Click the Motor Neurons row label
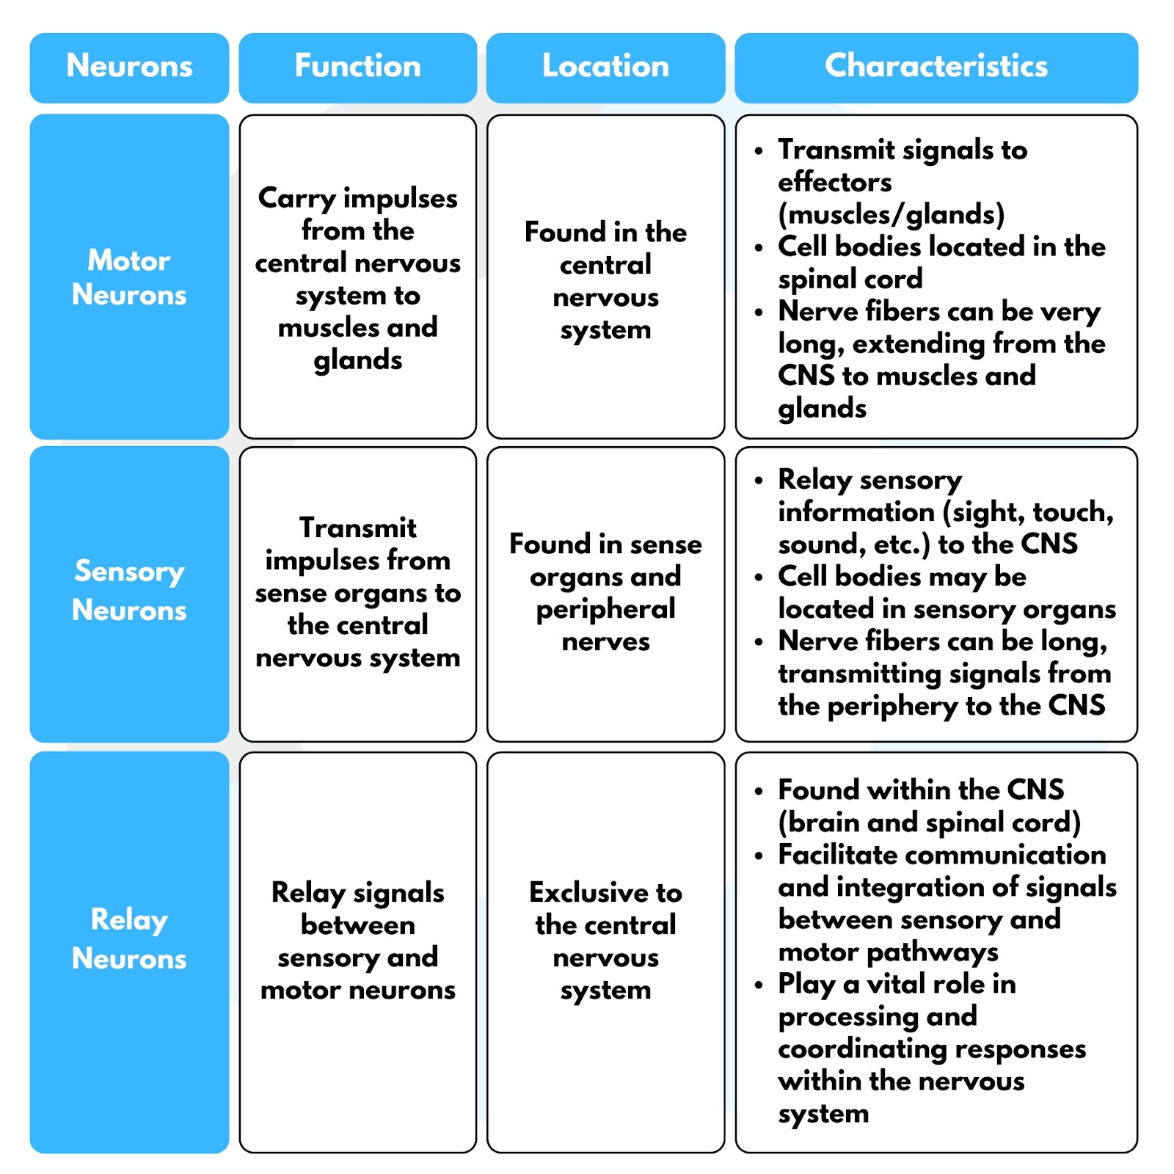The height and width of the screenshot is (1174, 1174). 129,277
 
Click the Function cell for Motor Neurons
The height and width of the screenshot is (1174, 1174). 357,277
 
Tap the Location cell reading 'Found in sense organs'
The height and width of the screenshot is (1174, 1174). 605,594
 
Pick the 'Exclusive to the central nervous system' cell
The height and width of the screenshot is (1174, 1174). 605,952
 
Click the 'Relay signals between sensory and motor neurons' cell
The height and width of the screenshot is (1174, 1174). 357,952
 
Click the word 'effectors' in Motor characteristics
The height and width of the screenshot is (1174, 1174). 834,182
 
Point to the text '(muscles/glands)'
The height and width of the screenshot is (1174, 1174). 891,214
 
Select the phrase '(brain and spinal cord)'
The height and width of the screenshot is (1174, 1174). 929,823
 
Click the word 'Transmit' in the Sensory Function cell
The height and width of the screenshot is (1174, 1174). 358,528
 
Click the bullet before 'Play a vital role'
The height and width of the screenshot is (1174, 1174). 759,985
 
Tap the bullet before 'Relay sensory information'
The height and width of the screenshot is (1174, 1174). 759,481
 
